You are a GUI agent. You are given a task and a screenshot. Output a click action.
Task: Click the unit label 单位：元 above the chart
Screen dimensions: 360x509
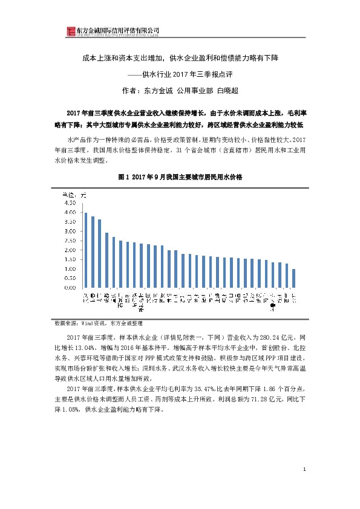click(76, 194)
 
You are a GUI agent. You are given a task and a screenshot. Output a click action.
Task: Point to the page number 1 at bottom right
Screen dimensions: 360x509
click(305, 469)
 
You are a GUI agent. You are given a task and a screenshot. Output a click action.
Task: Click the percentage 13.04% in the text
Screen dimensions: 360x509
click(90, 349)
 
